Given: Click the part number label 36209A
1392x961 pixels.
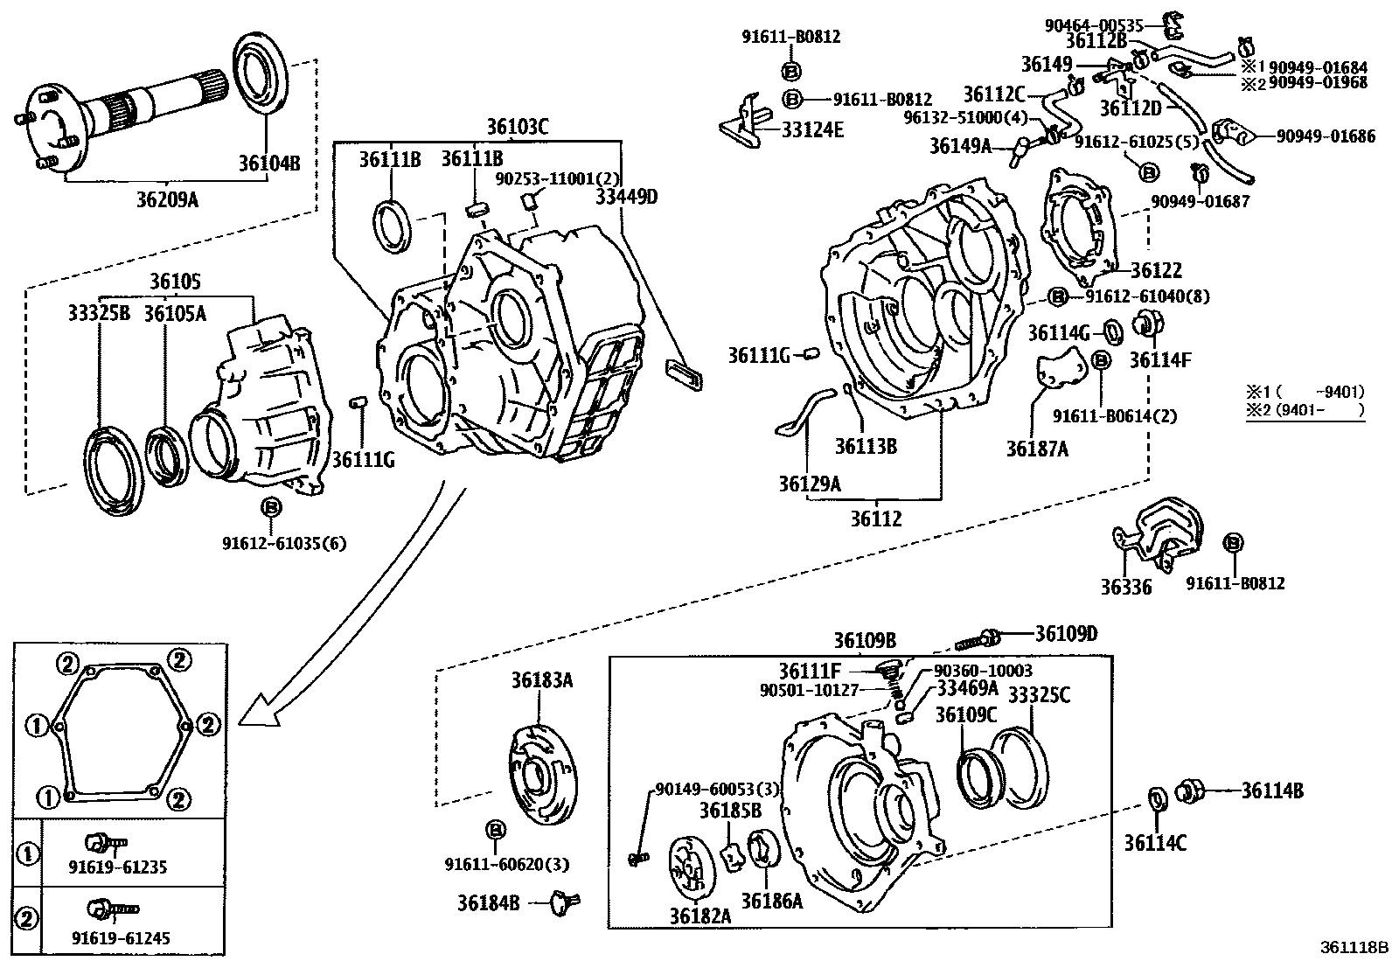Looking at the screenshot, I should (x=167, y=199).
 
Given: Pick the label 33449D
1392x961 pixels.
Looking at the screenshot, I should (x=626, y=196).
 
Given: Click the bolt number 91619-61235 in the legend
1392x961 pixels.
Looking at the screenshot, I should (x=118, y=867).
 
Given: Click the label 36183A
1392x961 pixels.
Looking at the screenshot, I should (x=542, y=679).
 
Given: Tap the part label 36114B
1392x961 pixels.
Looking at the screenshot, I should (x=1272, y=790).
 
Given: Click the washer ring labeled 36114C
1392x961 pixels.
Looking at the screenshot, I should (x=1156, y=799).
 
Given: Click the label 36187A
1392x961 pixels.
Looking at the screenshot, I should (x=1037, y=449).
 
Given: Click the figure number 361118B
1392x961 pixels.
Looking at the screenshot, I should (x=1354, y=947).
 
